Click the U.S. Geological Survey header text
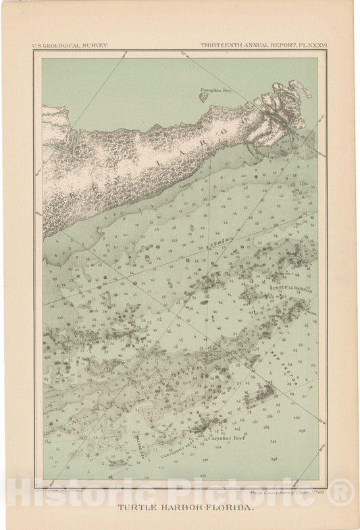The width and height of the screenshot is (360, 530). pos(70,46)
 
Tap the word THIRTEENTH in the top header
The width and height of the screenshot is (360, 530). pos(220,46)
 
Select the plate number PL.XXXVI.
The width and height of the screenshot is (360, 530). pos(308,46)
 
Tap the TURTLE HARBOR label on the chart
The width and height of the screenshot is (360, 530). pos(291,288)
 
